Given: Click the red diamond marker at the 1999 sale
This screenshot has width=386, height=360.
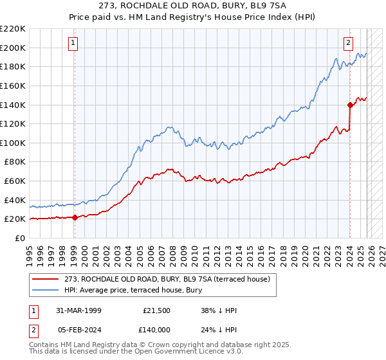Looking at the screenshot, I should pos(75,217).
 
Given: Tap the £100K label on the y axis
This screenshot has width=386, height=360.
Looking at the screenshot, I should pos(12,143).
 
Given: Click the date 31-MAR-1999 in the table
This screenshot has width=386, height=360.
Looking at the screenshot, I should pos(78,310).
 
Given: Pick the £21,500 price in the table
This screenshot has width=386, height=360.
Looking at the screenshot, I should pos(157,310).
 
